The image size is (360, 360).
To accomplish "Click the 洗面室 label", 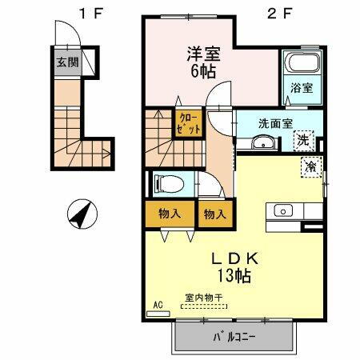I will pyautogui.click(x=274, y=124).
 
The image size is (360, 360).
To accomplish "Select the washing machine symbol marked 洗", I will pyautogui.click(x=303, y=140).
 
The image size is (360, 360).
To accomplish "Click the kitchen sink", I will pyautogui.click(x=282, y=211).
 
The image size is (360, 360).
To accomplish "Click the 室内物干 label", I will pyautogui.click(x=204, y=298).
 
